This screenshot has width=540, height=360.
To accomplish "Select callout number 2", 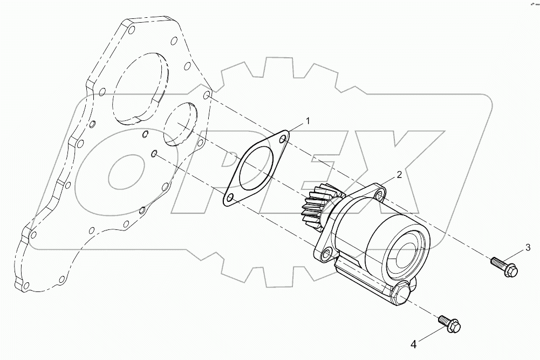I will coord(399,174).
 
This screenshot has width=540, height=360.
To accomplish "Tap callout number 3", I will coord(528,248).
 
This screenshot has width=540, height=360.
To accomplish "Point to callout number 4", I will coord(414,343).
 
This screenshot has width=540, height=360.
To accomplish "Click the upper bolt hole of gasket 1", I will coord(282,140).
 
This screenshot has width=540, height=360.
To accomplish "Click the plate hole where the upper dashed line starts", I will coord(207,96).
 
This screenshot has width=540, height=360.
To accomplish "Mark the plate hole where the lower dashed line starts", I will coord(154,154).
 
